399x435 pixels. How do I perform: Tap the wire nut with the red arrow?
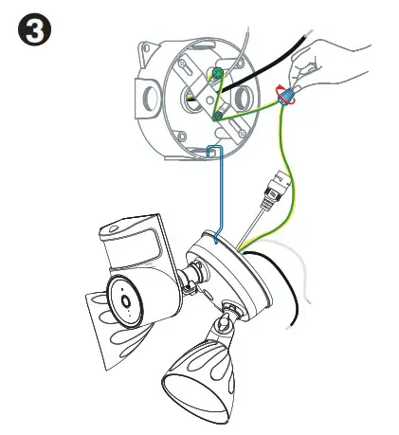coord(282,94)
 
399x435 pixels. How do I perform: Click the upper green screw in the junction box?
coord(217,73)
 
